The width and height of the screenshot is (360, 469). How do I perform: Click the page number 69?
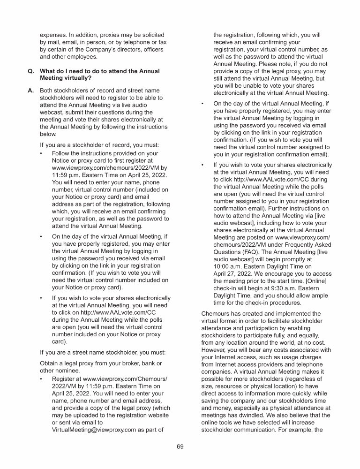[180, 446]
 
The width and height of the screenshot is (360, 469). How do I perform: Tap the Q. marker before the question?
[31, 71]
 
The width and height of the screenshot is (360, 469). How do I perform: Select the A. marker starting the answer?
[31, 91]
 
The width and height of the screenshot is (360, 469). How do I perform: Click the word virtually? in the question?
[77, 78]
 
